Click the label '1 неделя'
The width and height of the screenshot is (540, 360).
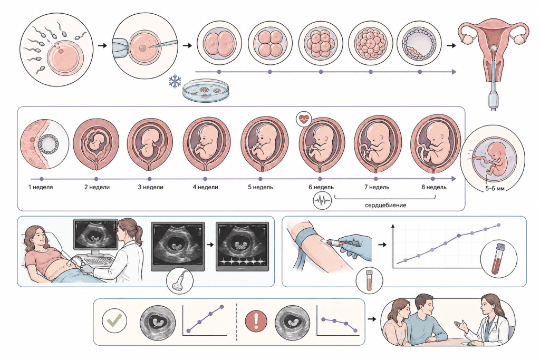pos(41,187)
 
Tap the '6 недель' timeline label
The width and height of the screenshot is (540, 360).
pos(321,187)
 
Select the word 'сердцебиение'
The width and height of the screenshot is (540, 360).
pos(385,205)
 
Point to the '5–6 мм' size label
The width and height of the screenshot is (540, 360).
pos(495,188)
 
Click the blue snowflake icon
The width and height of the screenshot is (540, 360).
pos(175,81)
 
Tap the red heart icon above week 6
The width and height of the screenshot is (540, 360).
pos(304,119)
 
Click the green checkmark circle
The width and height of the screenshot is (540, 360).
pos(114,320)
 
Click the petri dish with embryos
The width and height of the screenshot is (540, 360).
pos(206,91)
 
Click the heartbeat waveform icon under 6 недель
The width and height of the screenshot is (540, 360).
pos(322,200)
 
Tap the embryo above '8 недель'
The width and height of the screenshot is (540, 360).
pos(436,144)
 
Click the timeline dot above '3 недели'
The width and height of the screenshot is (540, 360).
pos(149,179)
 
